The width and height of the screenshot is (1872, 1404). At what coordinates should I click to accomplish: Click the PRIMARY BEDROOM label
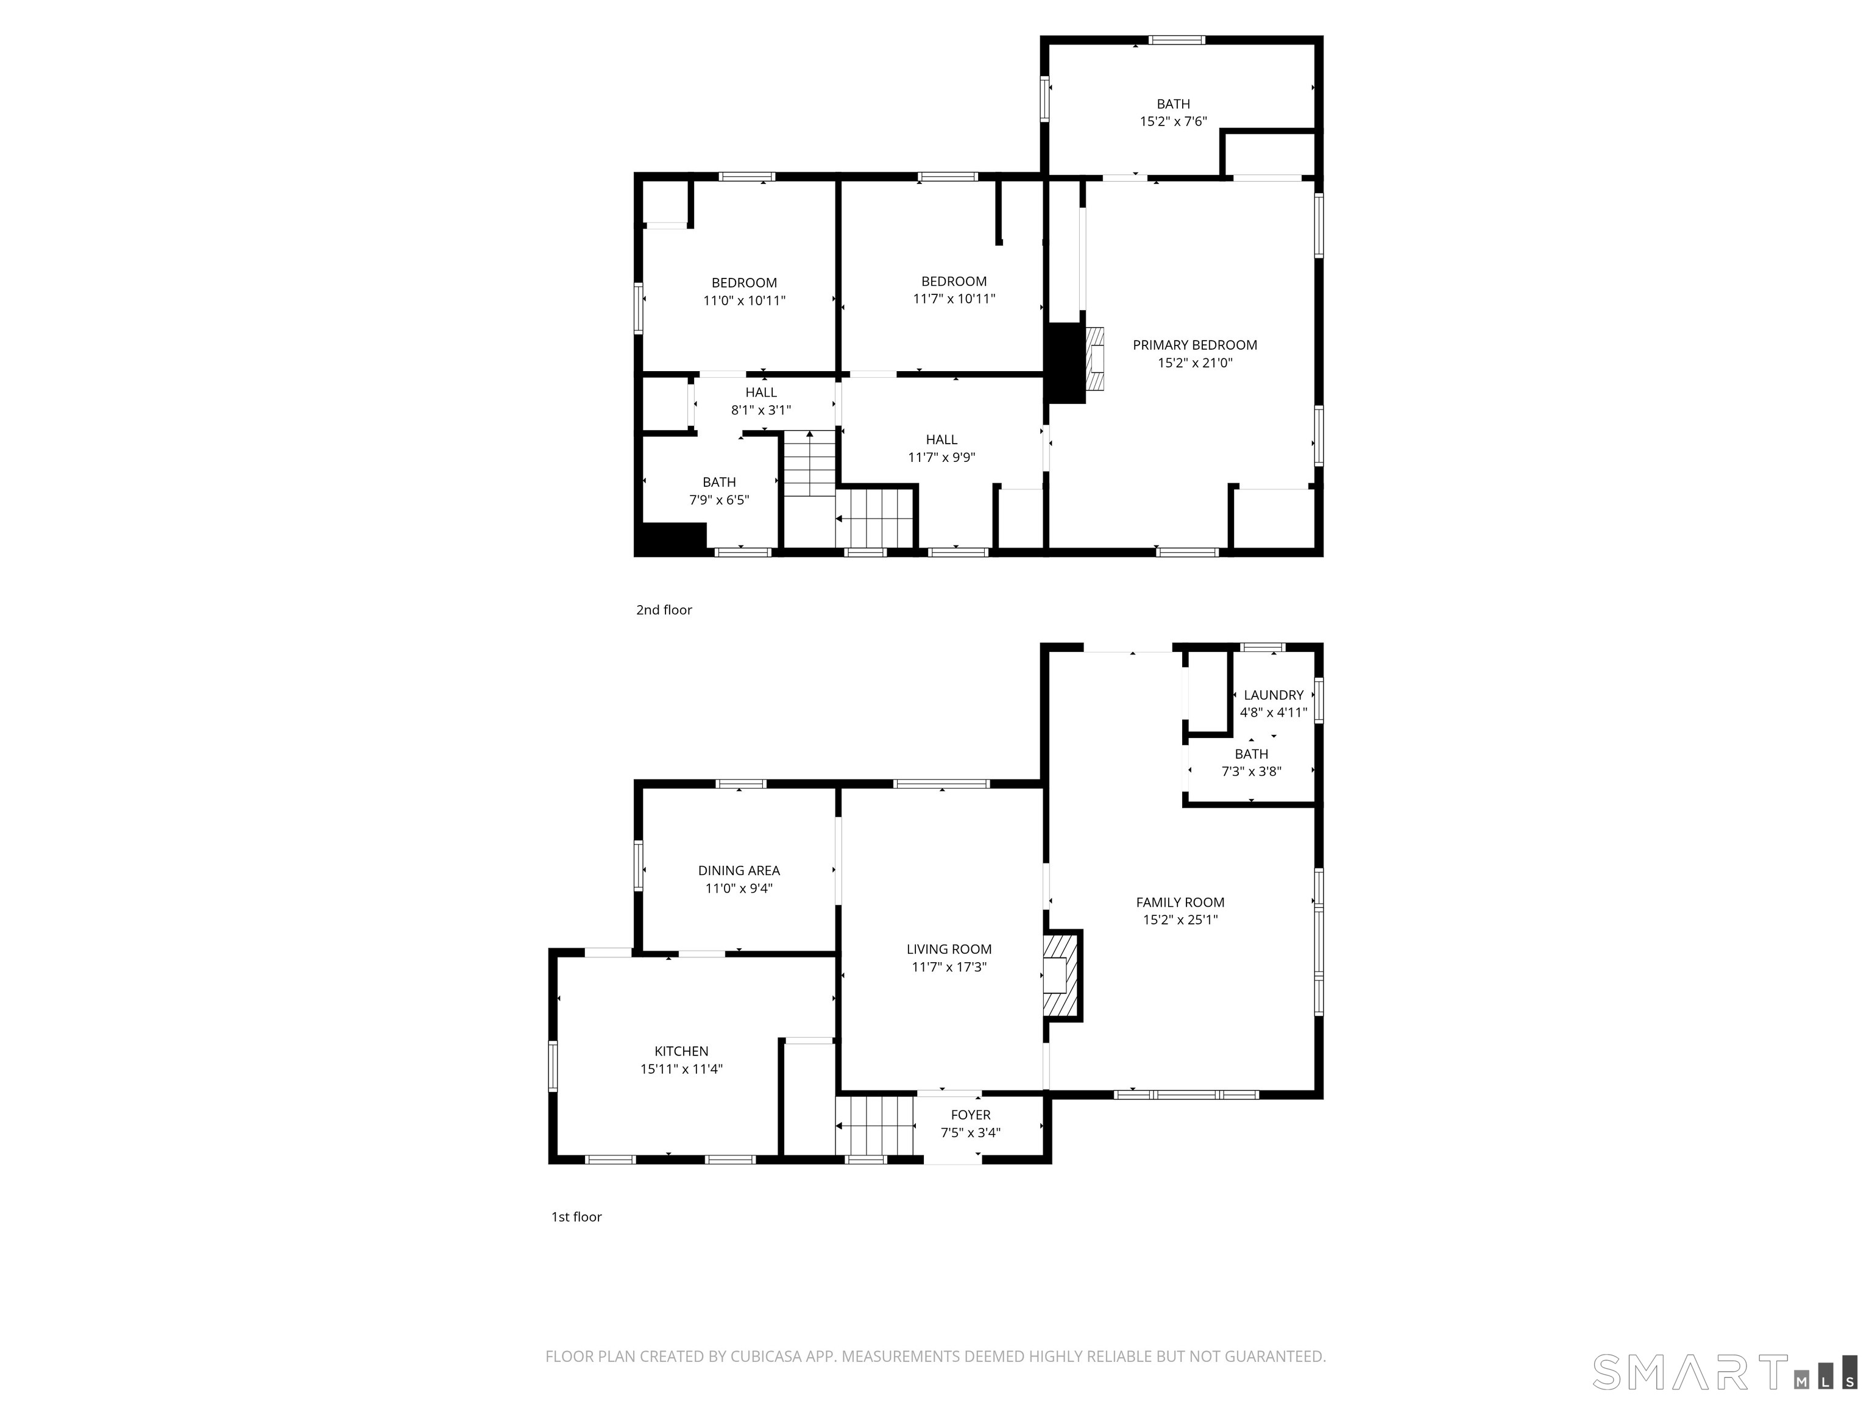[x=1194, y=346]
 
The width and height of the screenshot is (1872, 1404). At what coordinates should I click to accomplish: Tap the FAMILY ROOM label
[x=1180, y=902]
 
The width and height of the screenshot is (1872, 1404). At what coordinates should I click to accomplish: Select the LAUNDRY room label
[x=1273, y=695]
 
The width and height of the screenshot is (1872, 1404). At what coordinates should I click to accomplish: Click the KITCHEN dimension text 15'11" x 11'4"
[x=681, y=1069]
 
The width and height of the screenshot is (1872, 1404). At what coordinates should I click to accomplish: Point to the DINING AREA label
[x=739, y=870]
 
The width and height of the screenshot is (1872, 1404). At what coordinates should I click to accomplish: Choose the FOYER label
[x=970, y=1115]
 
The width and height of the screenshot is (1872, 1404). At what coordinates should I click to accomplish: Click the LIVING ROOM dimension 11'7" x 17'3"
[x=949, y=967]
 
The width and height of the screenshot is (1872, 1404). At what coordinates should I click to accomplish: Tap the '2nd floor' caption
[x=664, y=609]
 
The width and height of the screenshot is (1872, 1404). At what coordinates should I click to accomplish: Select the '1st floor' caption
[x=576, y=1216]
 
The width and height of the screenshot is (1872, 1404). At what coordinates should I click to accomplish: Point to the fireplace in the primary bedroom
[x=1095, y=359]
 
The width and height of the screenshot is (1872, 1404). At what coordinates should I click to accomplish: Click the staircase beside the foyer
[x=876, y=1126]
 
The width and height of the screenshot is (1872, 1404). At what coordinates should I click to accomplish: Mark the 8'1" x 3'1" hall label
[x=761, y=401]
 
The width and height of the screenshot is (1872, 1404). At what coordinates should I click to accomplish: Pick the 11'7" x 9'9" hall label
[x=941, y=448]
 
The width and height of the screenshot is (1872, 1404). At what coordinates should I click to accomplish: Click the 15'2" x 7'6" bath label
[x=1173, y=113]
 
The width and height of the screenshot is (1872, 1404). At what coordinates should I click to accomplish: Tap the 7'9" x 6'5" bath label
[x=718, y=491]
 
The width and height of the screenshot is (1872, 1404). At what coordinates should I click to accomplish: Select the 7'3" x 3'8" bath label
[x=1251, y=762]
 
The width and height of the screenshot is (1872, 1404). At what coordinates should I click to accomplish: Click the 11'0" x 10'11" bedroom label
[x=744, y=291]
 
